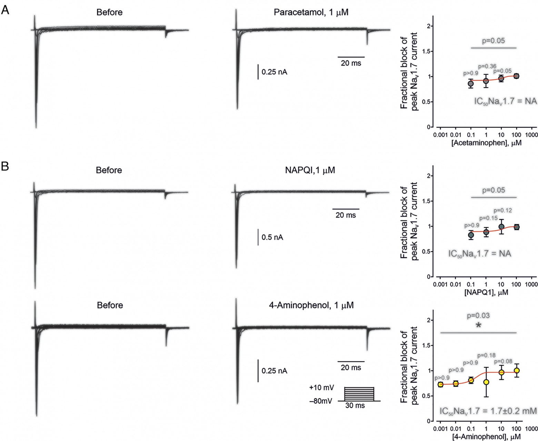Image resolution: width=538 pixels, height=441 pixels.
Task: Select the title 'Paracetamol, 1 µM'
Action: [x=311, y=13]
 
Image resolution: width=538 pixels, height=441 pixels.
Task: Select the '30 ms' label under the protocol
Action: [x=355, y=406]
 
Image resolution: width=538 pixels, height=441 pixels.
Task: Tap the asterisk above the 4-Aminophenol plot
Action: [x=478, y=325]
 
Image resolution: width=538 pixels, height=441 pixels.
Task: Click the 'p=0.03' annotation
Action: [x=478, y=315]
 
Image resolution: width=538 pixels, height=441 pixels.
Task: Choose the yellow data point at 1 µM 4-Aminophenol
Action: [x=486, y=382]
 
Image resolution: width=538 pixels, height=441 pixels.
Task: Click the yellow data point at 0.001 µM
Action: [x=440, y=384]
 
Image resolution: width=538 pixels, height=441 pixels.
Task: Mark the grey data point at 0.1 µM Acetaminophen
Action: [x=470, y=84]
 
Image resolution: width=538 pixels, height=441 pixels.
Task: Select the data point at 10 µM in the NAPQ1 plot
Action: [x=501, y=227]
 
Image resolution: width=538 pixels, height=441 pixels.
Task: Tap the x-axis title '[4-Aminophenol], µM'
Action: [x=486, y=437]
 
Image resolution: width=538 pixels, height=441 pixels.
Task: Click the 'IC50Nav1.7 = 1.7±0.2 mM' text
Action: [x=488, y=411]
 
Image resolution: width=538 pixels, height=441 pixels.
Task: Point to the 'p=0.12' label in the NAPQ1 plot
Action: [x=503, y=210]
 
